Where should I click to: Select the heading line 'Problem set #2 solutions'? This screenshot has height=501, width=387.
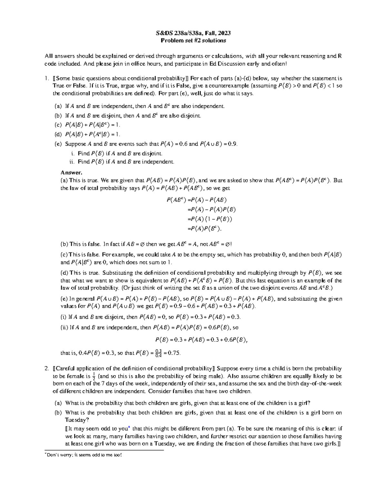click(193, 40)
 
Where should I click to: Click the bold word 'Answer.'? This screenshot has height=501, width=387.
click(69, 172)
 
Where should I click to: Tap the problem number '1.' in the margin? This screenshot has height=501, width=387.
click(47, 78)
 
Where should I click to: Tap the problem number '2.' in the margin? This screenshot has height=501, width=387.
click(47, 368)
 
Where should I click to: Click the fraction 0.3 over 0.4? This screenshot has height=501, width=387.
click(158, 353)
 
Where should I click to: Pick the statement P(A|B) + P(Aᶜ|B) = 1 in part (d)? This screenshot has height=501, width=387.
click(93, 134)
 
